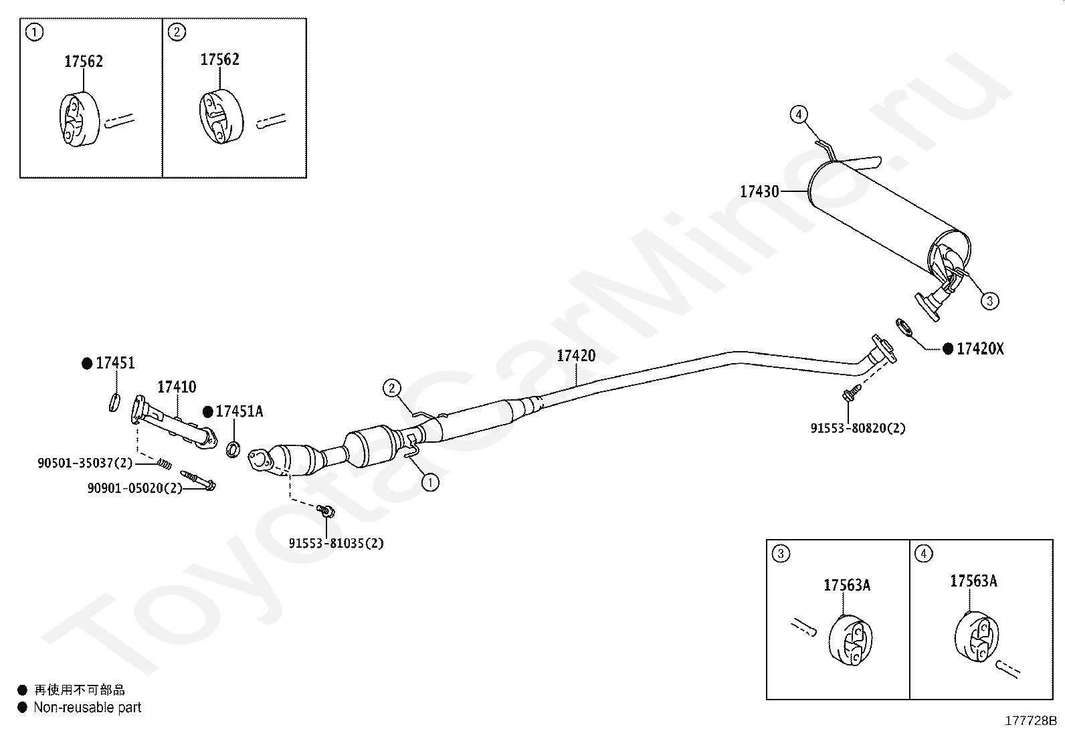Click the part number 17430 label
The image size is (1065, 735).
tap(759, 192)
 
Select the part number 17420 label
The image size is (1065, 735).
tap(576, 355)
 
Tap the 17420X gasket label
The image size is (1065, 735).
tap(980, 348)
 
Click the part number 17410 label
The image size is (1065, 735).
tap(177, 387)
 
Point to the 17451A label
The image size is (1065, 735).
tap(239, 411)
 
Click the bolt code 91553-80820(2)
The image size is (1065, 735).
tap(858, 428)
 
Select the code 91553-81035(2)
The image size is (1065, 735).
tap(336, 543)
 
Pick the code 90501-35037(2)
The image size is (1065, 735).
tap(85, 463)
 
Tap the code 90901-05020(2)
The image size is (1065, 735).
tap(134, 488)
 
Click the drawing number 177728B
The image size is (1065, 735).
tap(1030, 720)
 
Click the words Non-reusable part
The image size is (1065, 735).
tap(88, 707)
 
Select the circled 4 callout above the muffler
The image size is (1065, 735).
tap(798, 114)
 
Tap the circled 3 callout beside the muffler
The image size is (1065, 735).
tap(989, 301)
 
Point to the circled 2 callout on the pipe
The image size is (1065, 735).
tap(391, 387)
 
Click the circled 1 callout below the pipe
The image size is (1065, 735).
tap(430, 482)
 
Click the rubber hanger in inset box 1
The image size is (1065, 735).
tap(79, 120)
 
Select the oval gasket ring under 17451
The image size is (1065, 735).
tap(114, 401)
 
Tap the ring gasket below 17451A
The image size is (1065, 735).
tap(233, 449)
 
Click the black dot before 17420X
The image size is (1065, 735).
tap(947, 348)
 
